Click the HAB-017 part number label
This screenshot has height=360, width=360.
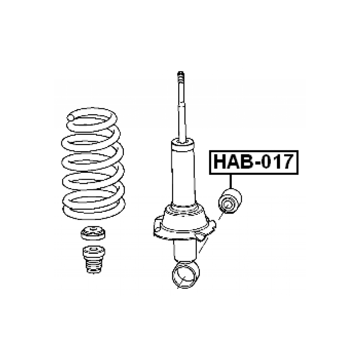point(253,162)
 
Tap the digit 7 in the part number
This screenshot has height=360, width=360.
point(288,162)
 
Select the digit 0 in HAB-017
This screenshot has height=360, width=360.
point(266,162)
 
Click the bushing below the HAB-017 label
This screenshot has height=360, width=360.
point(230,201)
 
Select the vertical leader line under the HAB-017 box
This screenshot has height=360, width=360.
point(231,182)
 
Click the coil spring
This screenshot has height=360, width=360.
point(93,163)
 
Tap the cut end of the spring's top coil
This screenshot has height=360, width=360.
point(70,118)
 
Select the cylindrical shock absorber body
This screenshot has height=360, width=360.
point(183,172)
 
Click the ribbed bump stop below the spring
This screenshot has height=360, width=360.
point(94,260)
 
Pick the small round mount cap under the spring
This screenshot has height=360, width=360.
point(93,233)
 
